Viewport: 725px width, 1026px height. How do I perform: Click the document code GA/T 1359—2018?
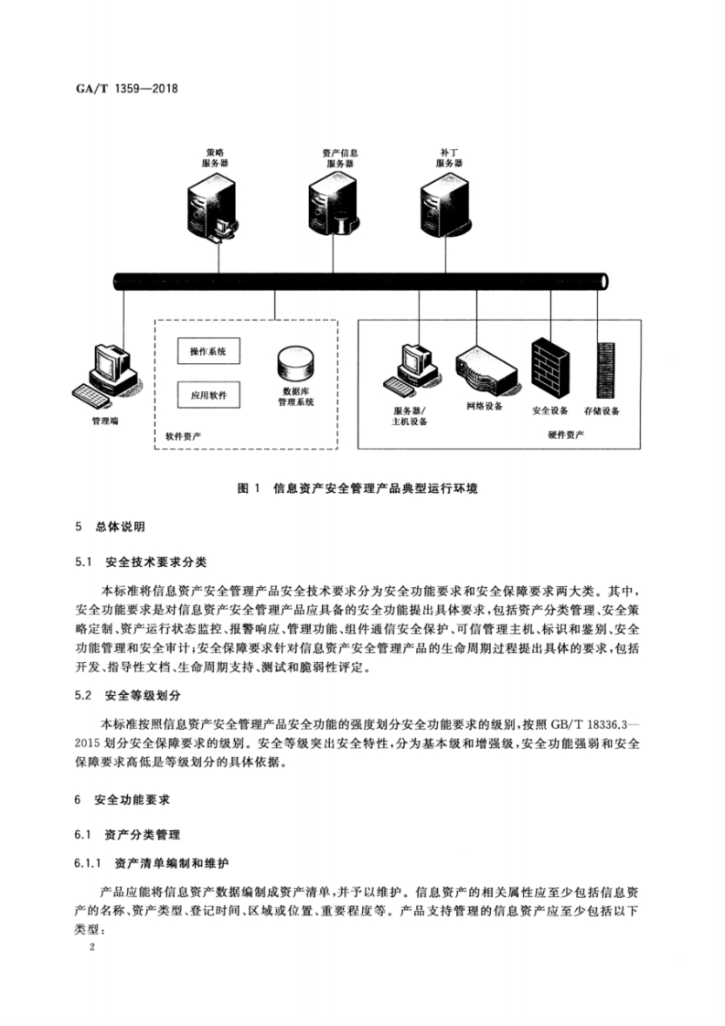127,88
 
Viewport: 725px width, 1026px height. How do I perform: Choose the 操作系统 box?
208,351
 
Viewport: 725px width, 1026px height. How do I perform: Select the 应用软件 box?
208,395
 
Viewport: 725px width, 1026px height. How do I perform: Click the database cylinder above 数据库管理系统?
295,364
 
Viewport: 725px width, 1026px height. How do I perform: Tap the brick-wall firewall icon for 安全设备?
549,369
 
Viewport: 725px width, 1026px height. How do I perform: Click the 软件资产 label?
183,436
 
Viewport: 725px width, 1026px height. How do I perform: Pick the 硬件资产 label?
566,434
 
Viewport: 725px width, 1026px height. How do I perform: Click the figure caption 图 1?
249,488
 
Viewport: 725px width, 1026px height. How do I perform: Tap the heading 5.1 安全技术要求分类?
141,561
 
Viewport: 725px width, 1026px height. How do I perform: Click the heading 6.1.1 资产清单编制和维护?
152,863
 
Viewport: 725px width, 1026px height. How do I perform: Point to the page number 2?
92,947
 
